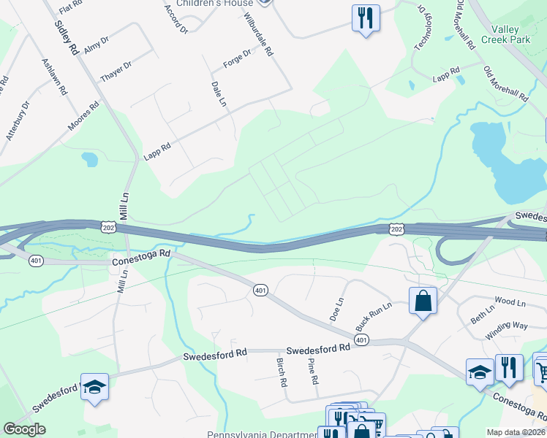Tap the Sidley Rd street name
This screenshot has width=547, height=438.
[65, 38]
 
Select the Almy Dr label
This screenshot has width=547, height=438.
[97, 45]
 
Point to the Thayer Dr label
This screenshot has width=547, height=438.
[116, 72]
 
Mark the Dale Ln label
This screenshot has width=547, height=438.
[218, 94]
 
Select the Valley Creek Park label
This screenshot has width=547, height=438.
[510, 34]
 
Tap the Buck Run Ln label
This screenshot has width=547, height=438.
[373, 315]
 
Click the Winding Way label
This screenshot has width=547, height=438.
[506, 331]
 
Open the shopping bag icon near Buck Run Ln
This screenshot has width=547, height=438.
[423, 299]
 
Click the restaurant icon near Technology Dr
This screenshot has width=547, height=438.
[366, 16]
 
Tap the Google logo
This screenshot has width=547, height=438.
[24, 429]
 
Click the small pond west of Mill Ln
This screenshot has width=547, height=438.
[89, 158]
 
